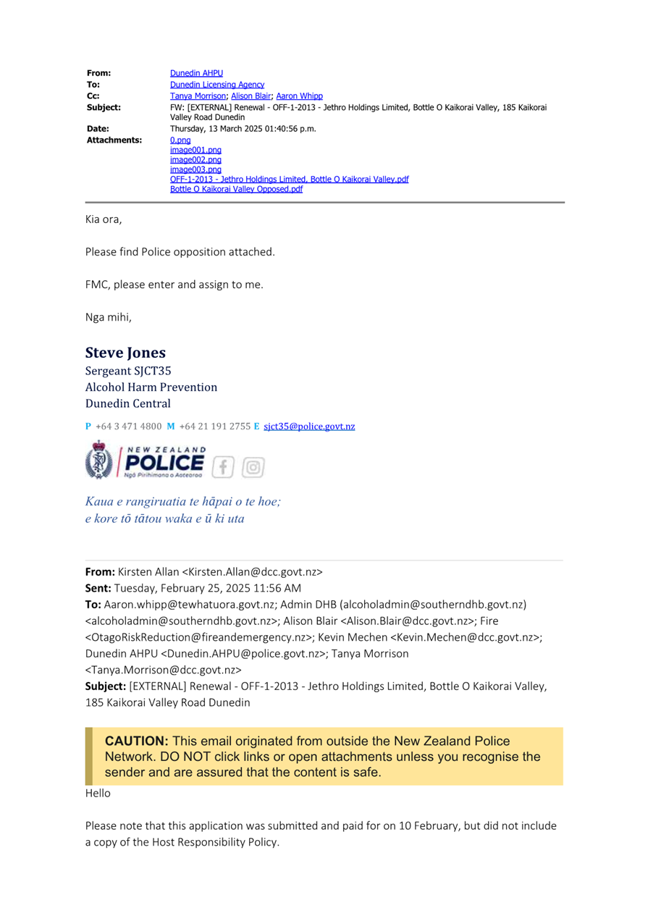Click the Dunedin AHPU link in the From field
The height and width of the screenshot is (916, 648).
196,73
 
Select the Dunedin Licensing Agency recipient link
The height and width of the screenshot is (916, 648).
216,85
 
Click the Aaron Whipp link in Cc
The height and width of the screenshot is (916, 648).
299,96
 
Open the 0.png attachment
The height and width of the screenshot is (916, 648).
180,140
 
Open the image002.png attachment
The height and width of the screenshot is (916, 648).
195,159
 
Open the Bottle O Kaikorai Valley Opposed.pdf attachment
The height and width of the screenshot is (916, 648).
236,189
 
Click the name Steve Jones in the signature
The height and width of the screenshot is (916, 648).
125,353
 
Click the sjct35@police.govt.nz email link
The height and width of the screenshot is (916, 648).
309,426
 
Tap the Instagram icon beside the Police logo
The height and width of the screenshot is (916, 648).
253,467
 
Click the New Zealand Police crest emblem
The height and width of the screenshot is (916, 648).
99,461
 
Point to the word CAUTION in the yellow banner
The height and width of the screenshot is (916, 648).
137,741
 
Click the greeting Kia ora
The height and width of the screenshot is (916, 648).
104,219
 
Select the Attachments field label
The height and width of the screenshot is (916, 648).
114,140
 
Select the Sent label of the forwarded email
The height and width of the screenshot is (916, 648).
99,588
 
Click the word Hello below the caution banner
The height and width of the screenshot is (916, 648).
98,793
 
